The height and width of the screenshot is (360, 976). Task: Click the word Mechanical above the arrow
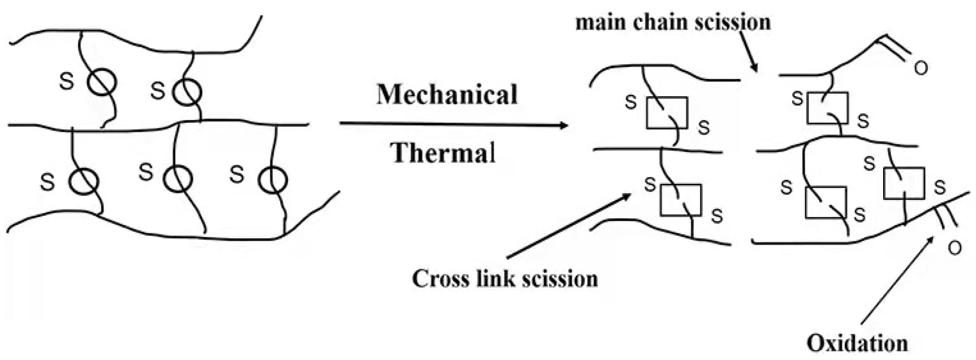point(447,94)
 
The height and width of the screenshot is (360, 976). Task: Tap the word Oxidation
point(857,343)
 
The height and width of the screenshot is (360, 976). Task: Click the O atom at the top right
point(921,68)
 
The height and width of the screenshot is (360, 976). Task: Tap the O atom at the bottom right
point(955,248)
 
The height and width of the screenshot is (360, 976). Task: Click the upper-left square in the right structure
point(667,113)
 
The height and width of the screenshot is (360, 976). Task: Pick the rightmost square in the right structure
point(904,182)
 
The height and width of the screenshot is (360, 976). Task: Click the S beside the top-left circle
point(67,82)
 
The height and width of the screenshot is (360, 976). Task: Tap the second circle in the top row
point(187,92)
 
